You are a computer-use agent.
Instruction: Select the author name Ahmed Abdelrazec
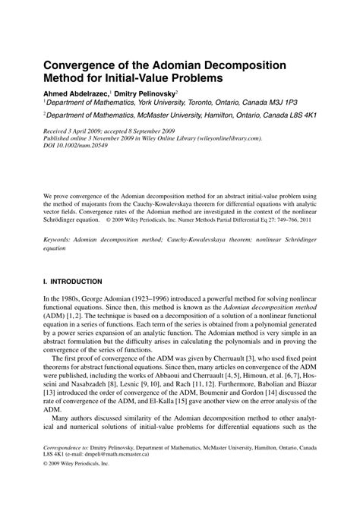coord(75,93)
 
